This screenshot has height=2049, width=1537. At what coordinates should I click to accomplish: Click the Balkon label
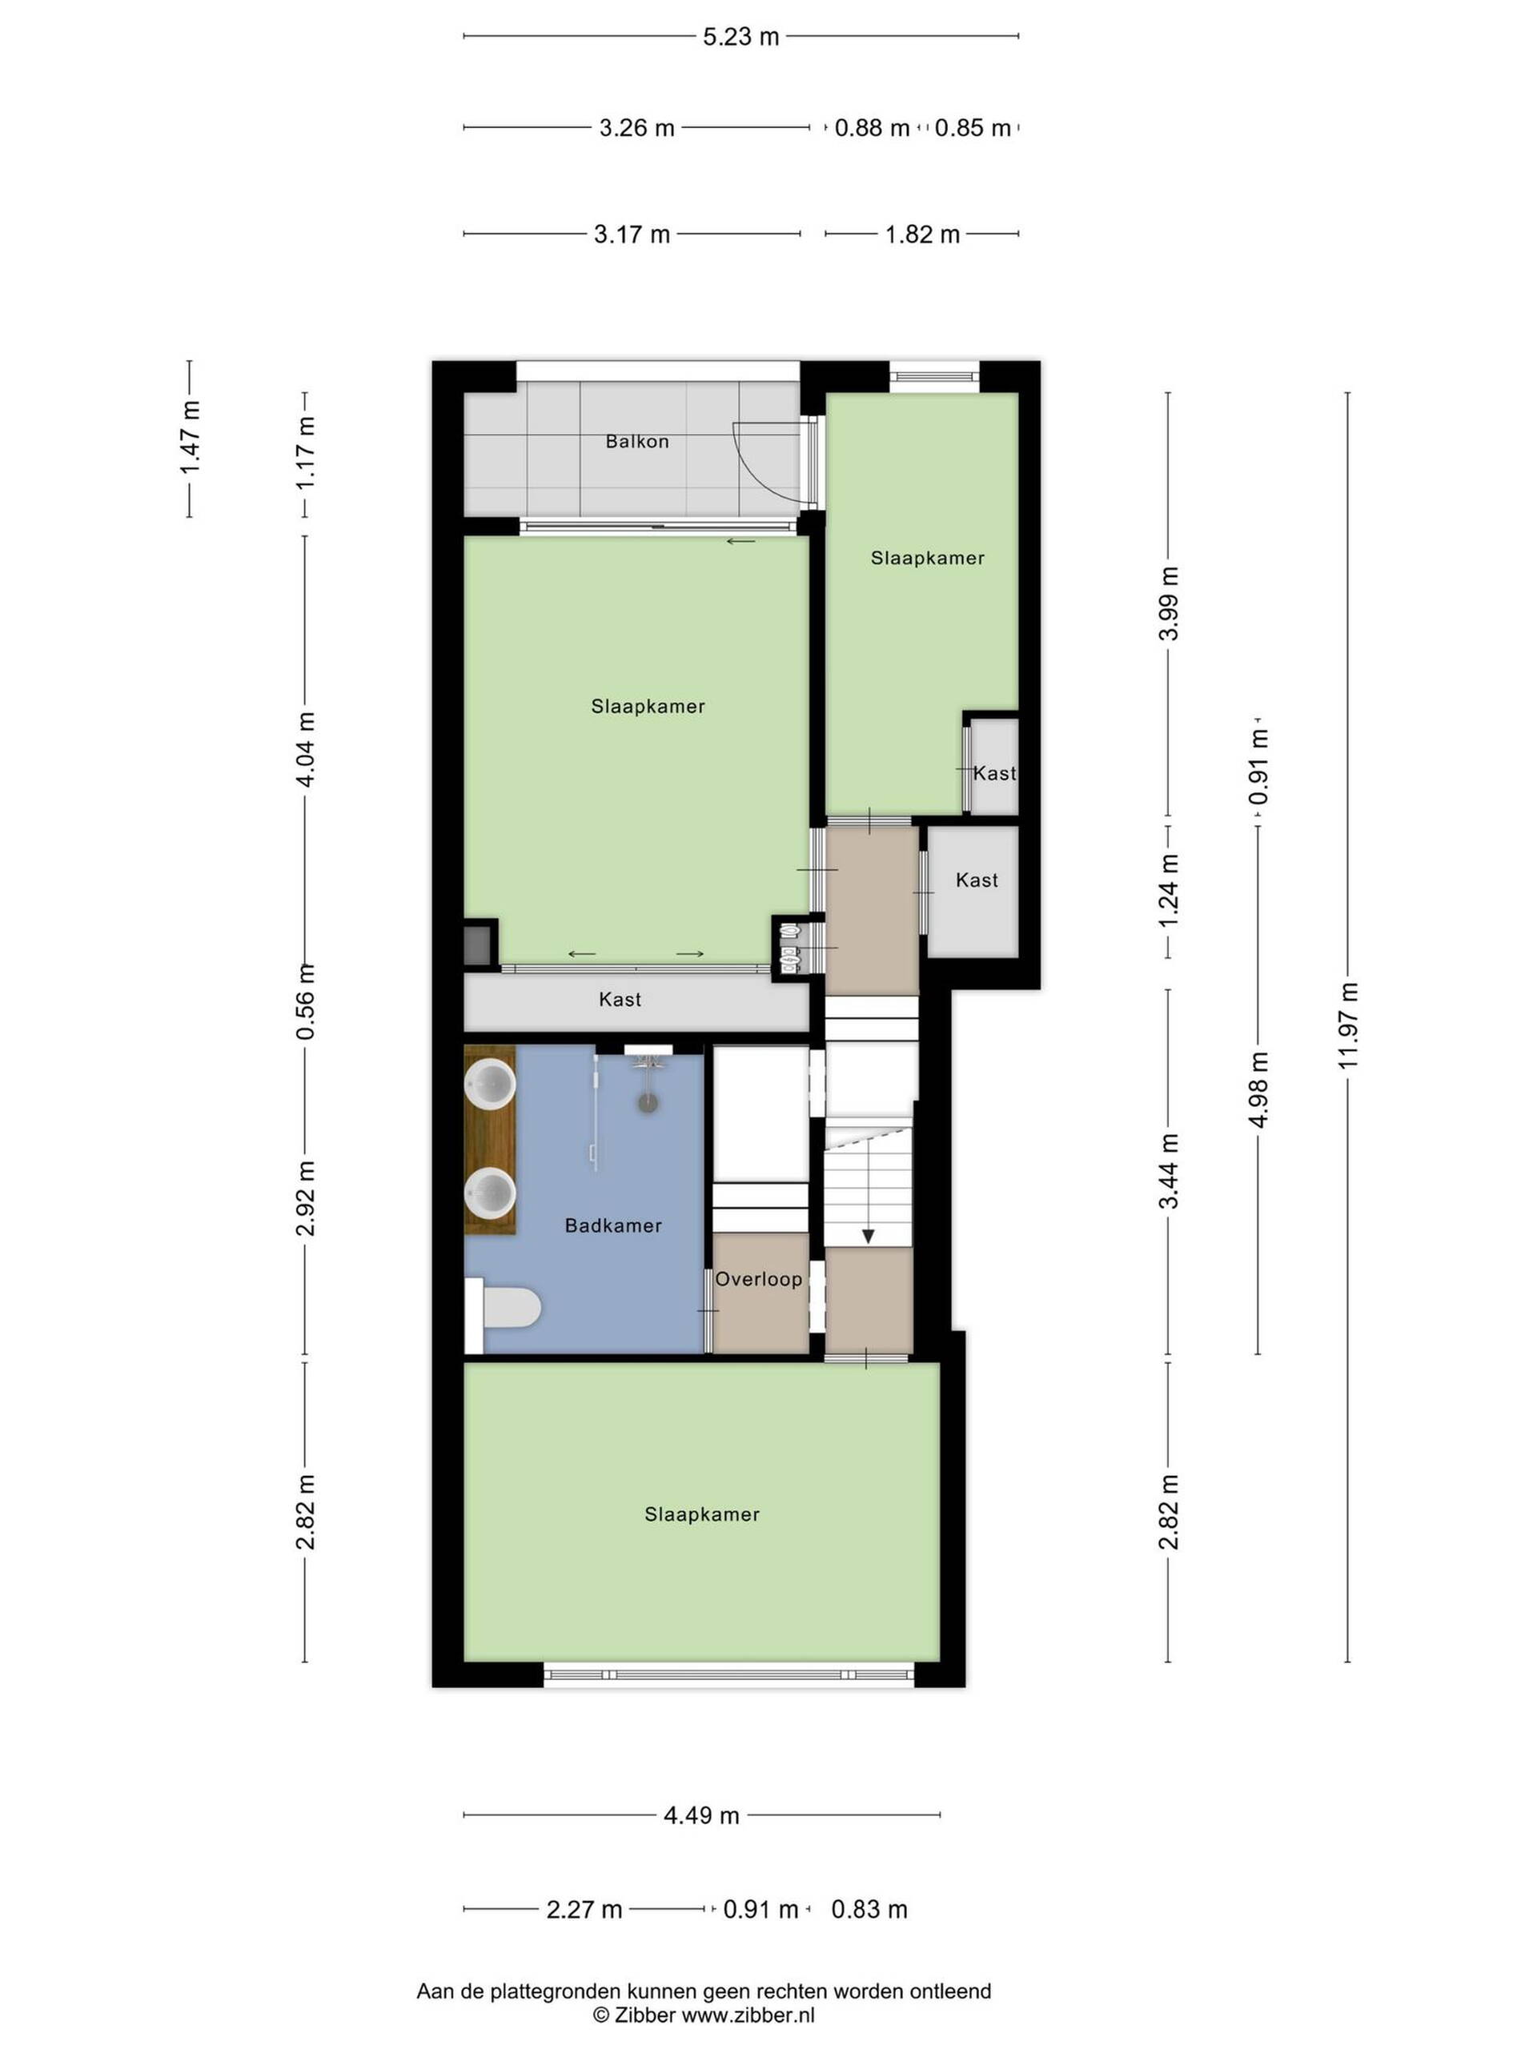[x=636, y=441]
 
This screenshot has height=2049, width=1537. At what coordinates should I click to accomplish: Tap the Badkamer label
[x=613, y=1225]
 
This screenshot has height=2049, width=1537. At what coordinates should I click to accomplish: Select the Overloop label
[x=758, y=1279]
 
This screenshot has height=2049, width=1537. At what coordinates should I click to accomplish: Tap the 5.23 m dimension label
[x=740, y=37]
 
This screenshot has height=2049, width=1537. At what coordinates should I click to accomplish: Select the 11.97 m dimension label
[x=1348, y=1025]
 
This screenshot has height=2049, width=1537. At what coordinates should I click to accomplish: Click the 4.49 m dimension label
[x=701, y=1814]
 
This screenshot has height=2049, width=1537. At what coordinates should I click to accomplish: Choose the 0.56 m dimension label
[x=306, y=1000]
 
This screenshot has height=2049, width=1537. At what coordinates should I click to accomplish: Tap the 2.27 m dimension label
[x=584, y=1909]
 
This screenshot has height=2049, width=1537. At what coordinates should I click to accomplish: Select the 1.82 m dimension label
[x=922, y=235]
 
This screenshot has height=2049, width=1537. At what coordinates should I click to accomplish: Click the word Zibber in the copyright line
[x=644, y=2014]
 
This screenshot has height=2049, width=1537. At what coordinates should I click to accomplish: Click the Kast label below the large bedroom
[x=620, y=1000]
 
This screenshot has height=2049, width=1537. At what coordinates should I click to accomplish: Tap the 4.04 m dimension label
[x=306, y=749]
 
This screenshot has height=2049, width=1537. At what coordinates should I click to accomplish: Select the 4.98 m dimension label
[x=1258, y=1089]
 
